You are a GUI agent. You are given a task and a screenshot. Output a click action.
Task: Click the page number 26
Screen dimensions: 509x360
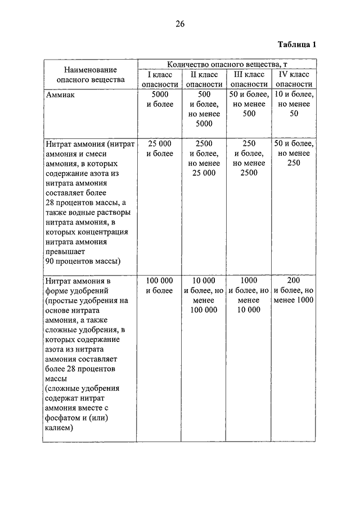180,24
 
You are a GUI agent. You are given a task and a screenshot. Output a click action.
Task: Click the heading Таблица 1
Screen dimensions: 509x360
298,44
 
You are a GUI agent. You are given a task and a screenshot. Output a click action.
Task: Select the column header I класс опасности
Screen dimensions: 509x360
160,79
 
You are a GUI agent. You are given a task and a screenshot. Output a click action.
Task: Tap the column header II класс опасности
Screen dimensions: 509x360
204,79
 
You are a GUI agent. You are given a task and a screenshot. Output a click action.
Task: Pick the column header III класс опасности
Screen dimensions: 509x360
249,79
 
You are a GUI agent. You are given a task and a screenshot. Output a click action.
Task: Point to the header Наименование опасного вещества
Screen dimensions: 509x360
90,74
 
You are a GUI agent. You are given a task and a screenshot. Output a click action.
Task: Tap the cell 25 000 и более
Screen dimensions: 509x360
160,148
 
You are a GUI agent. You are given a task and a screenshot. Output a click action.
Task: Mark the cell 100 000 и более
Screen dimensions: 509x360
160,285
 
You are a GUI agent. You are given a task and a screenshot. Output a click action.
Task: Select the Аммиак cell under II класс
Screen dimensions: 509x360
204,109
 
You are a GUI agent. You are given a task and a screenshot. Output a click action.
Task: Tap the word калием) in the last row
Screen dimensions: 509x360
60,427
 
